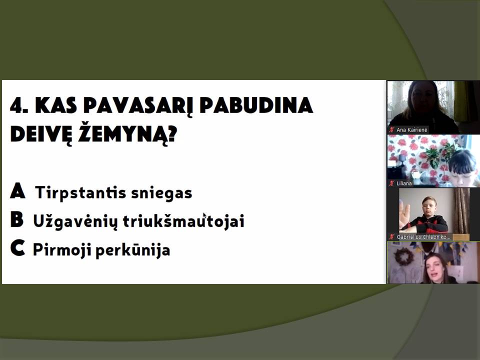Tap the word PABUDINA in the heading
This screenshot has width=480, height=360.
click(x=256, y=105)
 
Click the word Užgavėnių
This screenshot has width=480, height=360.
click(x=75, y=221)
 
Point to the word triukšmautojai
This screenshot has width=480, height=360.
click(x=183, y=221)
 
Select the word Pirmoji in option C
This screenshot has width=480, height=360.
click(x=61, y=250)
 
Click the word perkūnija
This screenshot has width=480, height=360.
click(x=133, y=250)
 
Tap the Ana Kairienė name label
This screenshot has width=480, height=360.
click(x=411, y=130)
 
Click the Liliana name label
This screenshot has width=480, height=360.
click(x=404, y=183)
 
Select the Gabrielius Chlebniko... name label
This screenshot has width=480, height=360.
click(x=423, y=237)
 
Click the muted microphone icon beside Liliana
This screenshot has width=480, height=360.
click(x=391, y=183)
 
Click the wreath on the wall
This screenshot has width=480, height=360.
click(x=404, y=256)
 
